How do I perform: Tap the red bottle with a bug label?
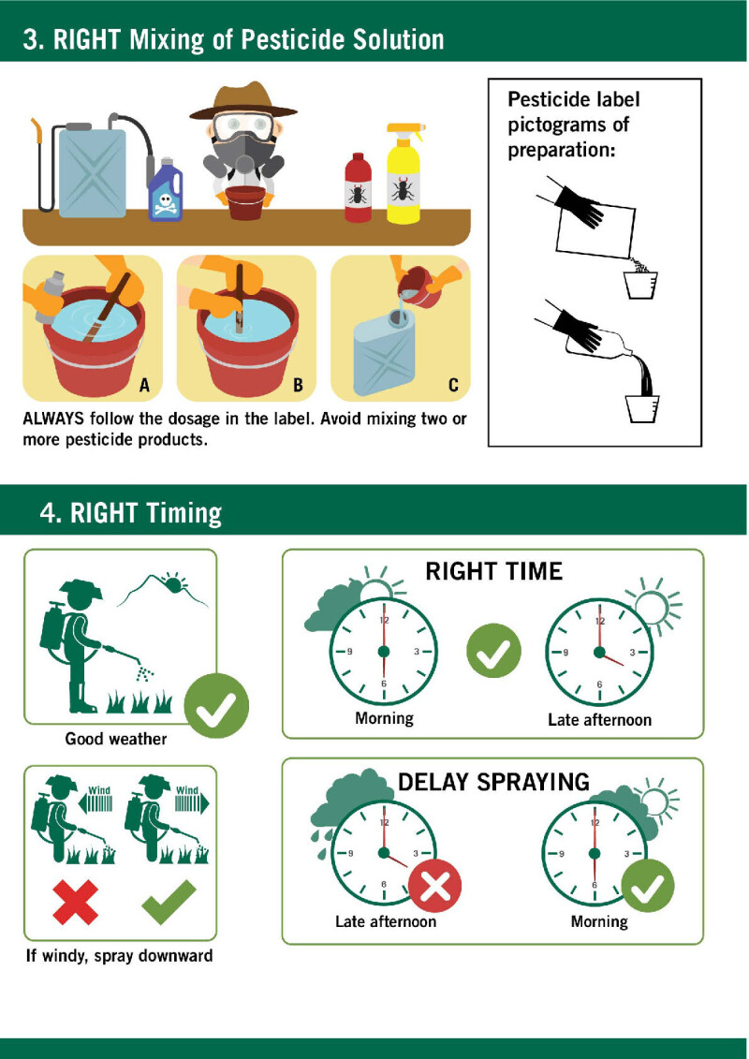pyautogui.click(x=358, y=188)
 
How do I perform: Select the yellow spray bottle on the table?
pyautogui.click(x=404, y=173)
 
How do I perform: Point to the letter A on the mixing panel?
pyautogui.click(x=144, y=385)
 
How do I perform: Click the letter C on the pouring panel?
pyautogui.click(x=453, y=385)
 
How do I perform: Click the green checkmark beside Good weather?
pyautogui.click(x=216, y=706)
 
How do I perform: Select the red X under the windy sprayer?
pyautogui.click(x=75, y=902)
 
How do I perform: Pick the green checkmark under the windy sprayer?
pyautogui.click(x=169, y=902)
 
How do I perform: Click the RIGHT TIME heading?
pyautogui.click(x=493, y=571)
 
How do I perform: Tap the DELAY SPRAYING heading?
pyautogui.click(x=493, y=782)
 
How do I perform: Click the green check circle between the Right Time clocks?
pyautogui.click(x=493, y=651)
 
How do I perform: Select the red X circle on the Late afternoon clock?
pyautogui.click(x=435, y=886)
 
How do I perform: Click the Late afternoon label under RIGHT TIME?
pyautogui.click(x=600, y=720)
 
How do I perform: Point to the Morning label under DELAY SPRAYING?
pyautogui.click(x=599, y=922)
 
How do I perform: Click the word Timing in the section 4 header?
pyautogui.click(x=184, y=513)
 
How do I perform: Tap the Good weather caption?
pyautogui.click(x=116, y=739)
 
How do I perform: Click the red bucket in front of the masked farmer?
pyautogui.click(x=245, y=202)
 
